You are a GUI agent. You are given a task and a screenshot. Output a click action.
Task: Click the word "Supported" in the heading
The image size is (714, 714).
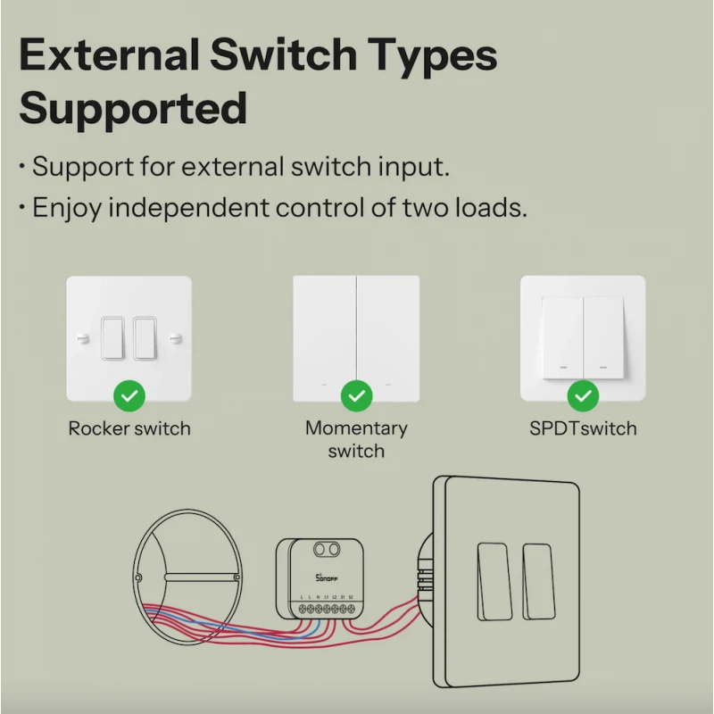tap(133, 109)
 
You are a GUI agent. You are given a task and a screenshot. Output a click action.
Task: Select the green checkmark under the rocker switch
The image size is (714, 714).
tap(129, 394)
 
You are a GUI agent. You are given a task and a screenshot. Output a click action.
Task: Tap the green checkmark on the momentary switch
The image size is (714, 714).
tap(357, 394)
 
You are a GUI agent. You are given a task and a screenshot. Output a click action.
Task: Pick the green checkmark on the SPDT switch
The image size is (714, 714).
tap(583, 394)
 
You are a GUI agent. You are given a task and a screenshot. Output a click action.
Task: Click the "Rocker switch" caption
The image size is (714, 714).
tap(129, 428)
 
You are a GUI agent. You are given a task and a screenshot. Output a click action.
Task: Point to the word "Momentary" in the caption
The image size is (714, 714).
tap(356, 428)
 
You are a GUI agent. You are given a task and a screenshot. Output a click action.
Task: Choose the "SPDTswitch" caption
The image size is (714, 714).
tap(583, 428)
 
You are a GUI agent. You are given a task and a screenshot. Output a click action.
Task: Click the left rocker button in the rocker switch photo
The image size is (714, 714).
tap(113, 336)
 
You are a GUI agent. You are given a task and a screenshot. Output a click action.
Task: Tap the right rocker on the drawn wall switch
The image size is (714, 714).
tap(537, 581)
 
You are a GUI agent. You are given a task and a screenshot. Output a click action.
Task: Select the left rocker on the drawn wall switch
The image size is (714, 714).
tap(491, 581)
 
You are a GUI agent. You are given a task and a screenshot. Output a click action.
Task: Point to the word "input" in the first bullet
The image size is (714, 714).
tap(410, 167)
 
